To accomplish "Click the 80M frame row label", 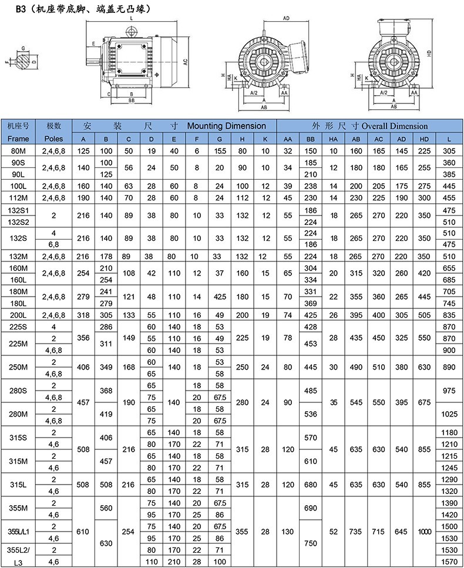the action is point(18,151).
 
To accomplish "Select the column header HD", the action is point(424,139).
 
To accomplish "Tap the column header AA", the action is point(288,139).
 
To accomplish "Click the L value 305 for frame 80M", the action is point(449,151).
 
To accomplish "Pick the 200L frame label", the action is point(18,315).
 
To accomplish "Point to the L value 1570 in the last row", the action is point(449,562).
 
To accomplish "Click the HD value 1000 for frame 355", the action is point(424,532).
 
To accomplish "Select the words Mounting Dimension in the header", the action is point(226,126).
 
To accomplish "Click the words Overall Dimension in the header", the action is point(395,126).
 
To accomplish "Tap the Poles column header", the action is point(53,139).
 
